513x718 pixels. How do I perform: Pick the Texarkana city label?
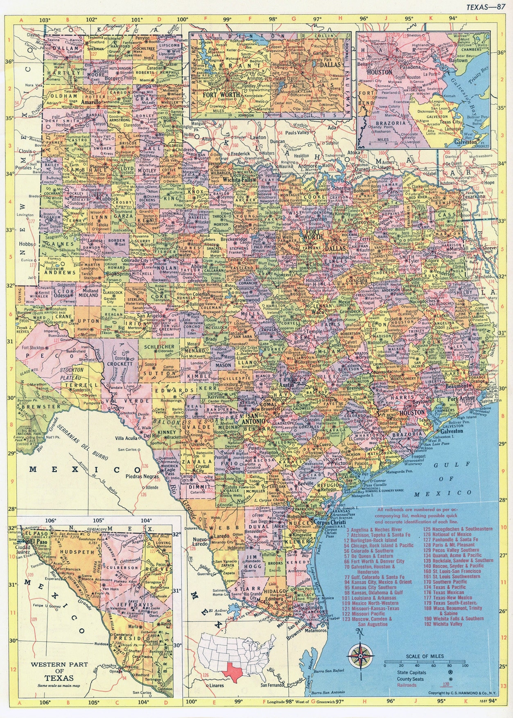pyautogui.click(x=471, y=197)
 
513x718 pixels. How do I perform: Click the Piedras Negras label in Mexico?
pyautogui.click(x=137, y=476)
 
